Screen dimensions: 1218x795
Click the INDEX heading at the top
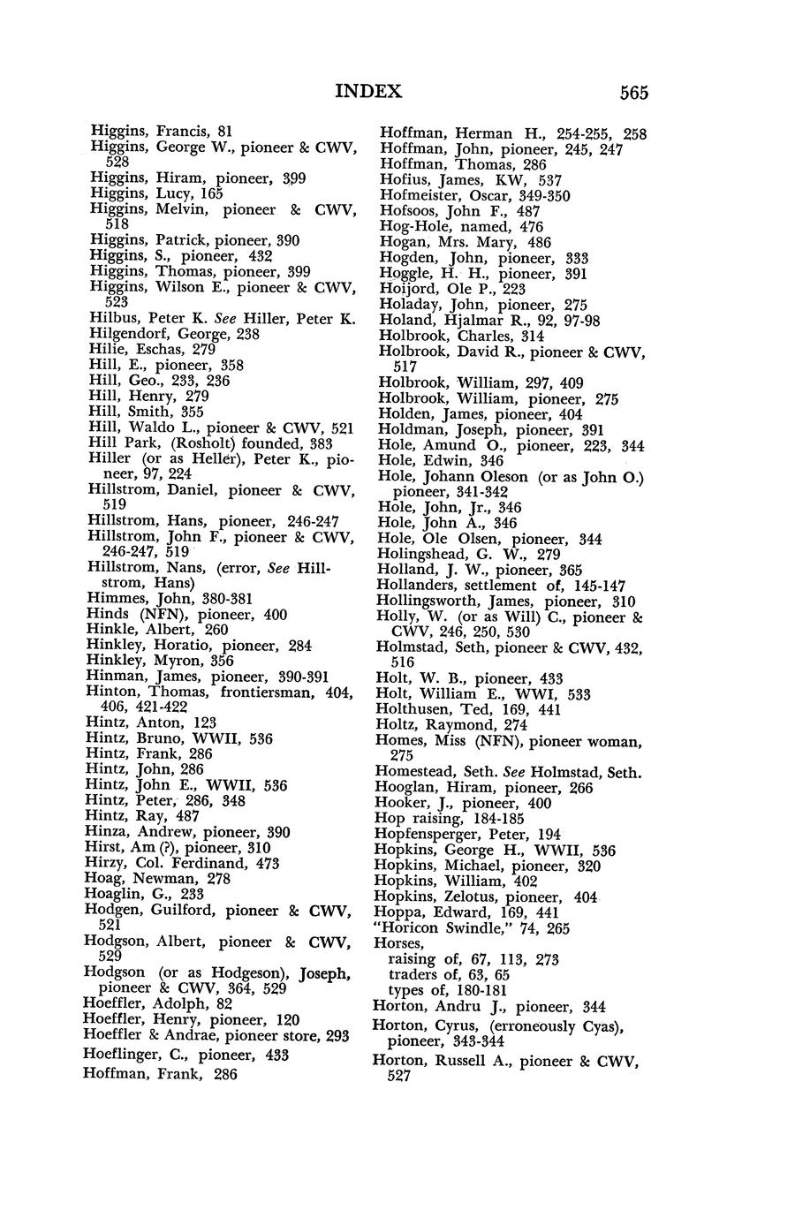coord(368,91)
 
